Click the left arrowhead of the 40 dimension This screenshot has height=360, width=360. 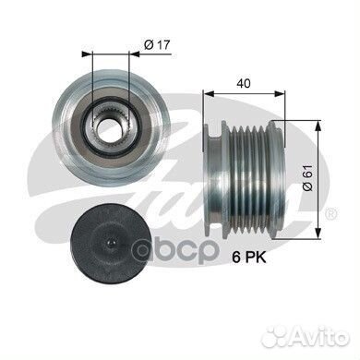tap(205, 94)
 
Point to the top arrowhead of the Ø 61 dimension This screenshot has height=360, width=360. tap(318, 126)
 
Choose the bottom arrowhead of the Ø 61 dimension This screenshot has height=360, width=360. tap(318, 223)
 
